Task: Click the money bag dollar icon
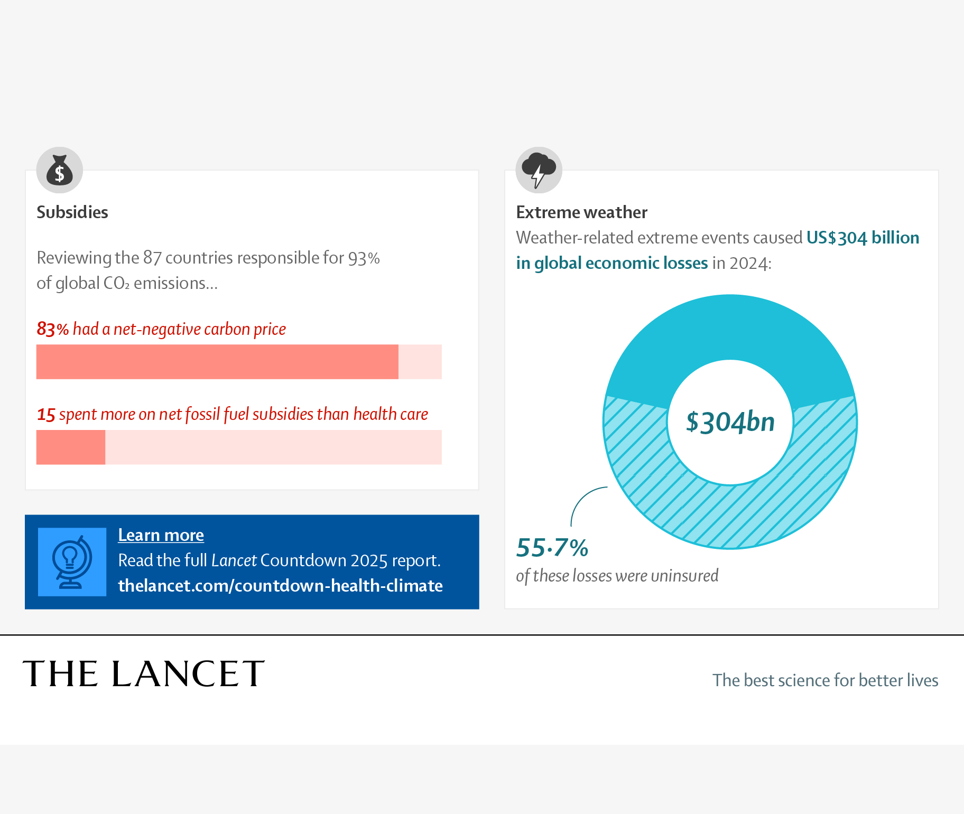tap(59, 170)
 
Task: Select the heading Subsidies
tap(72, 212)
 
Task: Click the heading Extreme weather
tap(581, 212)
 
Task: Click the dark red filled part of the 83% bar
tap(217, 362)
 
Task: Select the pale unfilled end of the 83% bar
tap(420, 362)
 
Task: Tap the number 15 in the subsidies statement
tap(46, 415)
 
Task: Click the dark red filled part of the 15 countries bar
tap(71, 447)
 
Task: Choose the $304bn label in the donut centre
tap(730, 422)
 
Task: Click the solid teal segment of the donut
tap(730, 328)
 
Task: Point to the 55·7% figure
tap(552, 548)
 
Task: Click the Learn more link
tap(161, 535)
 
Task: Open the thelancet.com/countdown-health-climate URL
tap(280, 586)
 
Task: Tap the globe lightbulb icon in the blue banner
tap(72, 562)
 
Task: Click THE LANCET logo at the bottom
tap(143, 674)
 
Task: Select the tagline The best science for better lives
tap(825, 680)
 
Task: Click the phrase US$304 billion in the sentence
tap(863, 238)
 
